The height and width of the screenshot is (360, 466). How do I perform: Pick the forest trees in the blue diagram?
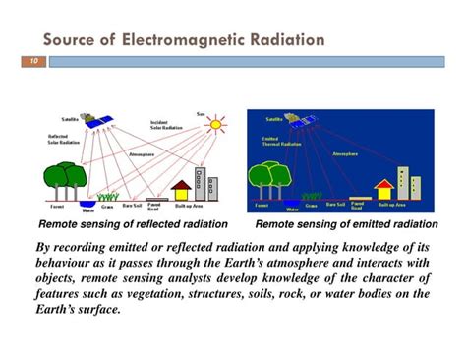[x=267, y=180]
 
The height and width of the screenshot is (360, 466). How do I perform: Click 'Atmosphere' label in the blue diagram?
[x=345, y=153]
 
